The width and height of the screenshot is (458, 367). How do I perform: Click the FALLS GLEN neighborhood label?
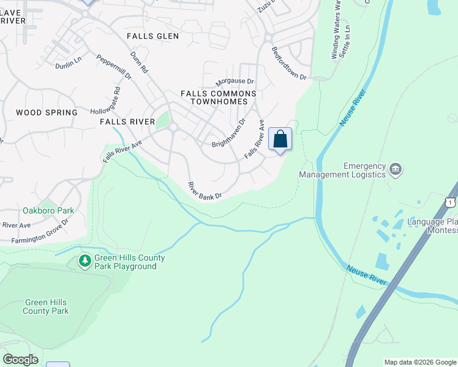coord(153,36)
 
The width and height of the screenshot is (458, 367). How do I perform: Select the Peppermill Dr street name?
coord(114,67)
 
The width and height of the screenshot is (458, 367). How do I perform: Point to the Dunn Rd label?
coord(140,62)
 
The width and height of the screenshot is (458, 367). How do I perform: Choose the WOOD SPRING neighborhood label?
coord(47,113)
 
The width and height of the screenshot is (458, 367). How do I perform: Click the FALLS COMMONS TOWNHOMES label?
coord(219,97)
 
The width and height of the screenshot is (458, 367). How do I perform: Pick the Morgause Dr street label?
coord(235,81)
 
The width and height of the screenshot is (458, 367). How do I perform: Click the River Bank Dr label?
coord(205,191)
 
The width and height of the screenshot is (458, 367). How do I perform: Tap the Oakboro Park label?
coord(48,210)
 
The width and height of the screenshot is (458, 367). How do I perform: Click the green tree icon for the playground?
coord(85,262)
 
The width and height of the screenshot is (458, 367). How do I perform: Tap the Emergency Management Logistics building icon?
coord(396,168)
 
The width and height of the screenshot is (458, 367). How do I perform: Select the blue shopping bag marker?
coord(280,139)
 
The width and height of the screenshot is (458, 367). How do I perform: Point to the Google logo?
coord(20,360)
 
